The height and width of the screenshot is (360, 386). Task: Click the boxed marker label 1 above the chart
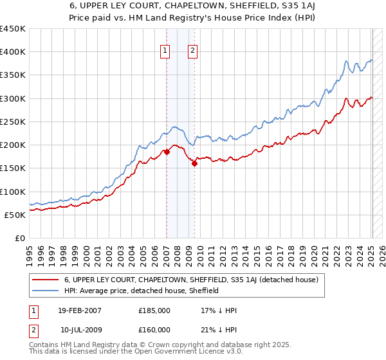[165, 51]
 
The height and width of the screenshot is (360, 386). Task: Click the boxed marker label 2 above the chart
[193, 51]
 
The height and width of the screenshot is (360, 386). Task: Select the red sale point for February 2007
[167, 152]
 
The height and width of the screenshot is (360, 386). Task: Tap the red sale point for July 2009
[194, 164]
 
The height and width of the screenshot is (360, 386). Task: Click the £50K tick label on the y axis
[15, 215]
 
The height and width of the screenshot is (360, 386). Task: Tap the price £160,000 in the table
[154, 330]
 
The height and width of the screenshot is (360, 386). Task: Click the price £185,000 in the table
[154, 310]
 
